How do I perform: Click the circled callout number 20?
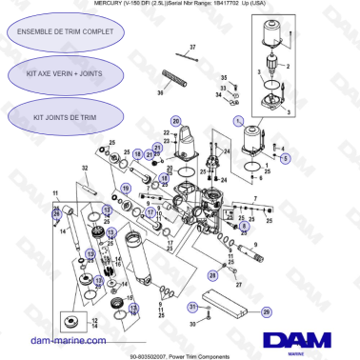coord(175,121)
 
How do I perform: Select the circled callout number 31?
coord(191,307)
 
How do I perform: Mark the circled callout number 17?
coord(151,212)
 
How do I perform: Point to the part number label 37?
coord(192,46)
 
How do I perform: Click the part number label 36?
coord(161,93)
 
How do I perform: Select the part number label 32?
coord(85,168)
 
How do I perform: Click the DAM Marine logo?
coord(298,341)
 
